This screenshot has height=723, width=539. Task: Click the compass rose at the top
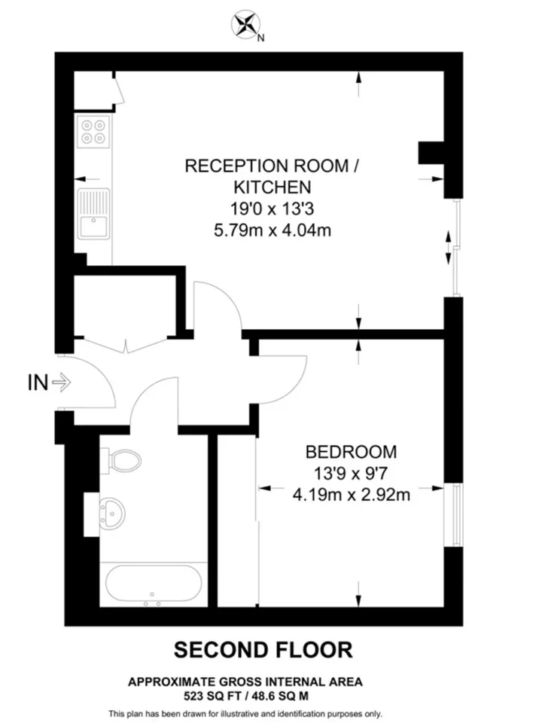245,24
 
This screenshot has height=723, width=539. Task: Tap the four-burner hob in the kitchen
93,132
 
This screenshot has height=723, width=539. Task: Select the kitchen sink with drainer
93,213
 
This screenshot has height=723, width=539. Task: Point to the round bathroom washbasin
112,513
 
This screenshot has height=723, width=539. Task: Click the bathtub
154,584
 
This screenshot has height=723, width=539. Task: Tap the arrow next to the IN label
61,383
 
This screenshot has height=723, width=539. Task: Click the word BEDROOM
351,452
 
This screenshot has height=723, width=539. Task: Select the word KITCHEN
272,188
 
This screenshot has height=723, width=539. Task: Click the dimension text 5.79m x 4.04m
272,230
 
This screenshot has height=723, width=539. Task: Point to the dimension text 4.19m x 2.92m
352,495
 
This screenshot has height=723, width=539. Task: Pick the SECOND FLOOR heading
263,650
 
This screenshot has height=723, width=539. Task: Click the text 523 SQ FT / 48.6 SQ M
246,696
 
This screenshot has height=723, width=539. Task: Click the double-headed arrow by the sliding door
448,248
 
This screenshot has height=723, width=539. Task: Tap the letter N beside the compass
261,38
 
